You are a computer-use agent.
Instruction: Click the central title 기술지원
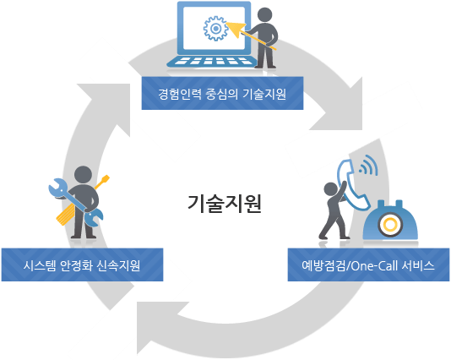[x=225, y=203]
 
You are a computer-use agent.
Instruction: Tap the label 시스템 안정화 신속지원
[x=81, y=265]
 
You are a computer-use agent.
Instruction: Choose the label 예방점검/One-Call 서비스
[x=368, y=265]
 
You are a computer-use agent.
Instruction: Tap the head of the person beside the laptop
[x=266, y=16]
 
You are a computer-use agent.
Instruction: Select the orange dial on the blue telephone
[x=389, y=226]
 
